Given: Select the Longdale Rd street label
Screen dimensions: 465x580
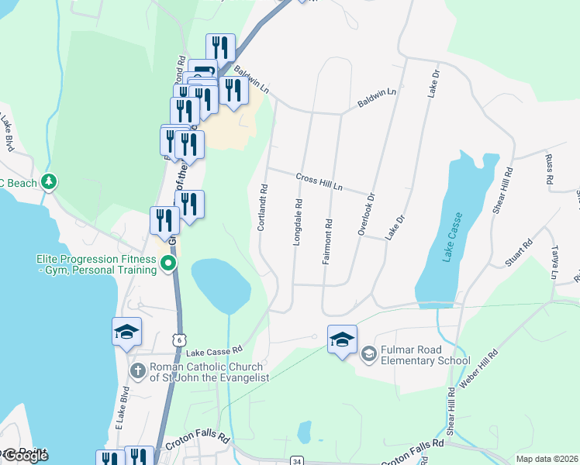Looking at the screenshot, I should (x=298, y=222).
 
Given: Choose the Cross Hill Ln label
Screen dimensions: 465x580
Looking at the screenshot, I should (x=319, y=182).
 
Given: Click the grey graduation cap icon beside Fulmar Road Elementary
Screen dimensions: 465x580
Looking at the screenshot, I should (x=368, y=353).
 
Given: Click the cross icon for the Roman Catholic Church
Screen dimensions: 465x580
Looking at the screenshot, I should (x=138, y=370).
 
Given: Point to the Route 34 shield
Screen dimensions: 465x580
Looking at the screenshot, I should (x=297, y=461).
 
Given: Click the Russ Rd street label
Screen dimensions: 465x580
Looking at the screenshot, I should (x=549, y=168).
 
